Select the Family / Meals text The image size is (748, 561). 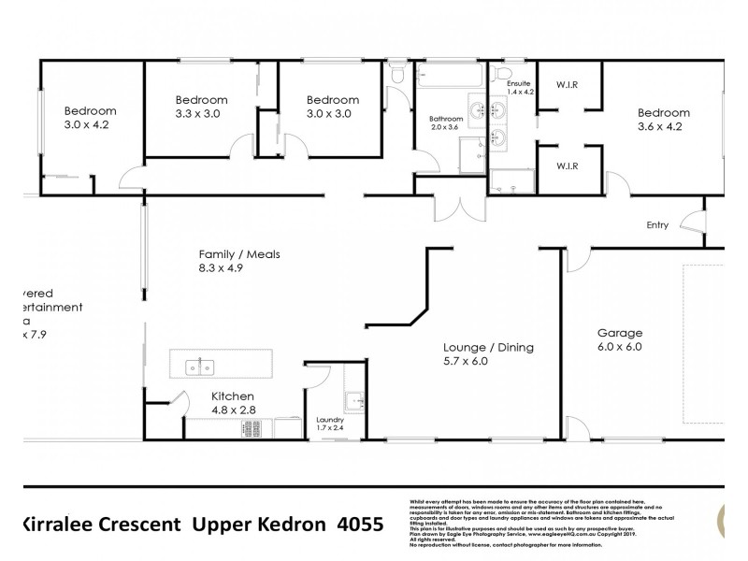tap(239, 254)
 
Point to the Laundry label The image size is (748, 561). tap(331, 420)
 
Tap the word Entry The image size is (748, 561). tap(658, 225)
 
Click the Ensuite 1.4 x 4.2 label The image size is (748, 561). tap(519, 87)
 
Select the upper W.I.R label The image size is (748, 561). tap(567, 83)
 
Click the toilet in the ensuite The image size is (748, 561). tap(504, 73)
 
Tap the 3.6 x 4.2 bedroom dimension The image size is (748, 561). tap(664, 129)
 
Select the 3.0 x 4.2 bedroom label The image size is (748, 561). tap(91, 117)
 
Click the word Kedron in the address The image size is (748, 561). tap(286, 525)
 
